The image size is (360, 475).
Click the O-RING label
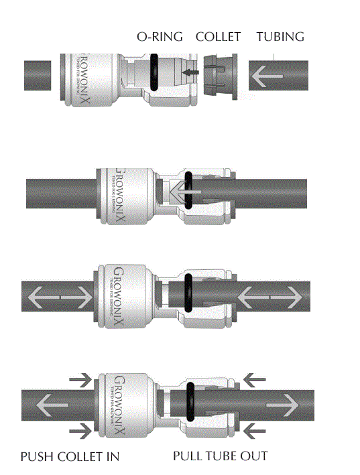tap(160, 38)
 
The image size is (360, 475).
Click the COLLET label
tap(218, 38)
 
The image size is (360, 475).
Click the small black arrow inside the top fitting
tap(192, 72)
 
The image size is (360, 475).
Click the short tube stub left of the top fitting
tap(38, 75)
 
